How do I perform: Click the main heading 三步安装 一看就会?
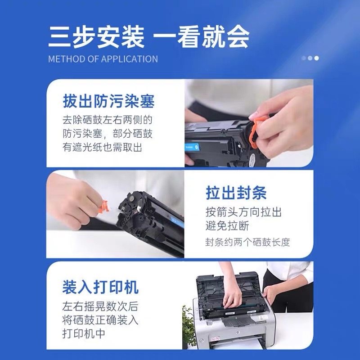(148, 37)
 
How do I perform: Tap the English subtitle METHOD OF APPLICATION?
(103, 59)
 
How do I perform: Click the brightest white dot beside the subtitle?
(316, 58)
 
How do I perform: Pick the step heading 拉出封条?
(236, 193)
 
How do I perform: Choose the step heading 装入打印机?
(100, 287)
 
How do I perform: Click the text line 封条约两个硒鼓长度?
(248, 242)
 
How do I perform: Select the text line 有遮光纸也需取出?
(102, 147)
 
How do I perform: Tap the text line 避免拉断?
(227, 226)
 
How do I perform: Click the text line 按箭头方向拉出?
(243, 212)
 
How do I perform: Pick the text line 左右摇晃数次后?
(100, 306)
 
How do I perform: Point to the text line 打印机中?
(84, 333)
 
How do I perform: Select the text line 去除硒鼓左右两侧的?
(108, 120)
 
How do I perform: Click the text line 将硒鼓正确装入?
(100, 320)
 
